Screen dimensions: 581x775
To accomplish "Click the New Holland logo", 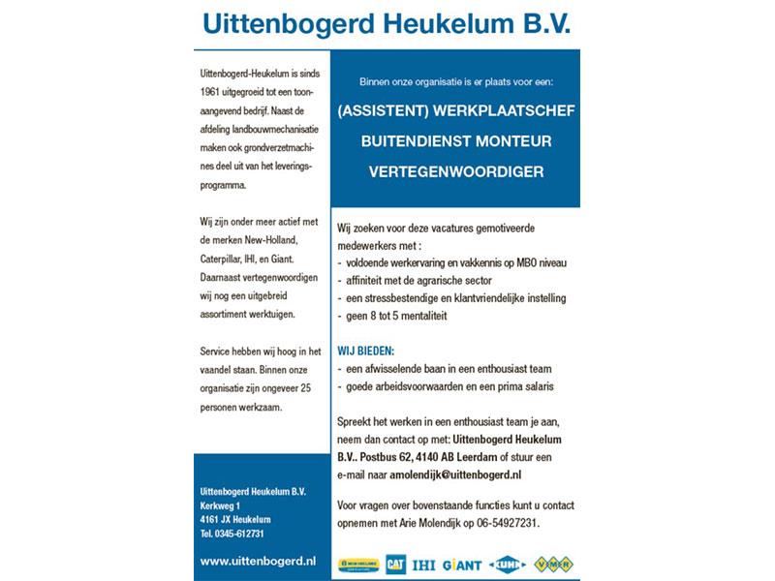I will click(x=358, y=564).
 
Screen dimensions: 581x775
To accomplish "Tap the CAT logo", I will click(x=395, y=564).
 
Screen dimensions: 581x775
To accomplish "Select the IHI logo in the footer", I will click(x=423, y=564).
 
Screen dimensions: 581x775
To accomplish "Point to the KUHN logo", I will click(x=508, y=564).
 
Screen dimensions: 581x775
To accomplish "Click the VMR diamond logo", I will click(x=555, y=564).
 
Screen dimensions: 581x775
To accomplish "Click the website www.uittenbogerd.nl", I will click(x=258, y=560).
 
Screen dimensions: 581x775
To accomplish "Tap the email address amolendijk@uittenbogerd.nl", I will click(x=456, y=474).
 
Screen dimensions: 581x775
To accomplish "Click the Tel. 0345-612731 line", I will click(x=232, y=533).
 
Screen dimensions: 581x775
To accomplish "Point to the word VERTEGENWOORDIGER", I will click(x=455, y=171).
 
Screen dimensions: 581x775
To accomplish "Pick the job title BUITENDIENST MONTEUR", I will click(x=455, y=141).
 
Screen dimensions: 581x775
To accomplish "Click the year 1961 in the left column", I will click(x=210, y=92).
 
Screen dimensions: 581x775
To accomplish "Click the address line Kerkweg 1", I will click(x=220, y=505).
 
